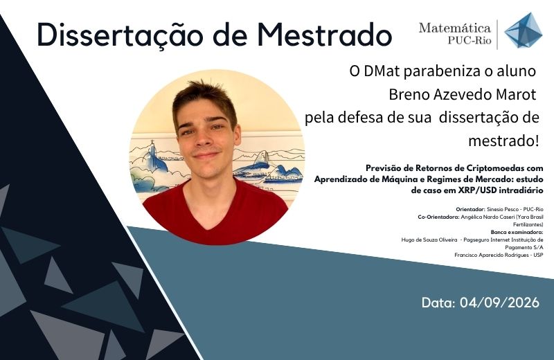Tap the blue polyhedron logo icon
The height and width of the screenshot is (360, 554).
(x=524, y=30)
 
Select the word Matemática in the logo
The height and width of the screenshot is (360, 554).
(x=455, y=28)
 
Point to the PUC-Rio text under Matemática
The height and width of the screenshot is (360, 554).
(x=470, y=41)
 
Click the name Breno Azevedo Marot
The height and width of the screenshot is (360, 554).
(x=463, y=94)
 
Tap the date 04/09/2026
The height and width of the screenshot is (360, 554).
(x=499, y=303)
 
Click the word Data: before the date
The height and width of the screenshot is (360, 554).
(x=438, y=303)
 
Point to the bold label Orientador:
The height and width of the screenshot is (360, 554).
(x=470, y=210)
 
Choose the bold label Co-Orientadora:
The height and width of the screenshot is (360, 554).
(x=438, y=217)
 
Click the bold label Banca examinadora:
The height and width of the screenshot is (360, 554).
(x=517, y=232)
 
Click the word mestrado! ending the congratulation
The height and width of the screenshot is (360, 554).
(x=503, y=141)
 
